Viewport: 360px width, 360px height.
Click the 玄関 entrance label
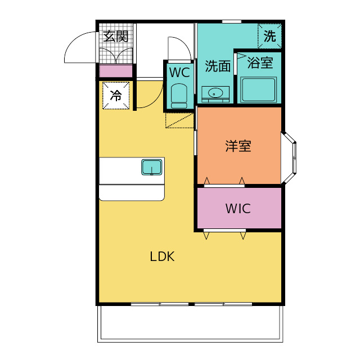(116, 37)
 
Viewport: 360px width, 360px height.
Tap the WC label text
(179, 73)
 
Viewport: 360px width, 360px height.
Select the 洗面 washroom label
(218, 66)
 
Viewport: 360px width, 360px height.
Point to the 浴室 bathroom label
(260, 62)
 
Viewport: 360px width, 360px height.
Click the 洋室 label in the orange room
(238, 146)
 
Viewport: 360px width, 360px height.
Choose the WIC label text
(238, 209)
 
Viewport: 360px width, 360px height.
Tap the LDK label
(163, 257)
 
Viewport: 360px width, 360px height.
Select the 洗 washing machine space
(270, 37)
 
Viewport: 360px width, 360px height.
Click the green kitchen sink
(152, 167)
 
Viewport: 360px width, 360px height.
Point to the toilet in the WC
(179, 96)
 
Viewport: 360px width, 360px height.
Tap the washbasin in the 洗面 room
(215, 93)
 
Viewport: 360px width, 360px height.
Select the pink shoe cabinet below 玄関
(116, 71)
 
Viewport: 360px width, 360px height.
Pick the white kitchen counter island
(132, 179)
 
